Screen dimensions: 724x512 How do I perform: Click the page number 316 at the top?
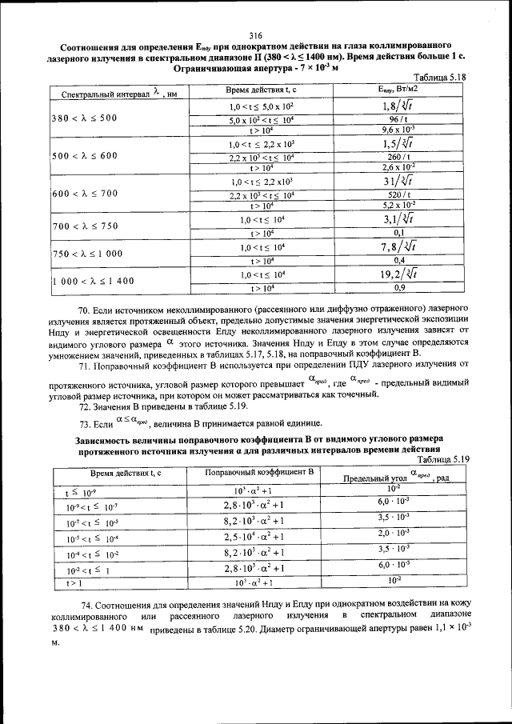[256, 34]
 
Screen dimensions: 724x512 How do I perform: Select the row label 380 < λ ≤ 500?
[84, 118]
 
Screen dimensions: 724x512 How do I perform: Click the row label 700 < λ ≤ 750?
[84, 226]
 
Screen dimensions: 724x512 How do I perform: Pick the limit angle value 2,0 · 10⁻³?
[394, 533]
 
